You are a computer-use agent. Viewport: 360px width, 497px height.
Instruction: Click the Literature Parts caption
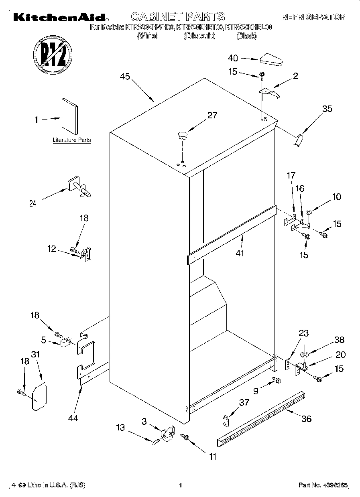[x=72, y=140]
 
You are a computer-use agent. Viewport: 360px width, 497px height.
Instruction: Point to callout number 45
[x=125, y=77]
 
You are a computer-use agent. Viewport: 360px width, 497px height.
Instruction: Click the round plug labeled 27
[x=183, y=134]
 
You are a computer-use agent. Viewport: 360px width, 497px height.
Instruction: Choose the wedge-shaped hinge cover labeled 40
[x=272, y=59]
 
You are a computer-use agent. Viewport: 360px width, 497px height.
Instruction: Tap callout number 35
[x=327, y=109]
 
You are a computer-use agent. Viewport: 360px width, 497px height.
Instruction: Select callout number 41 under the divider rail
[x=240, y=253]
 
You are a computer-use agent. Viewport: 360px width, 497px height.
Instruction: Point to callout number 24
[x=33, y=203]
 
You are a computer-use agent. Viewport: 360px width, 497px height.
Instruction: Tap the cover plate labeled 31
[x=39, y=396]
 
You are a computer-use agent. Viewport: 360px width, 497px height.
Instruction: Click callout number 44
[x=73, y=418]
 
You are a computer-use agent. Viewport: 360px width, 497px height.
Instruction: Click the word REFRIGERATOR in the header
[x=313, y=17]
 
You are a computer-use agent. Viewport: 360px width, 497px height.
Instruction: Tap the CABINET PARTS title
[x=178, y=17]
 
